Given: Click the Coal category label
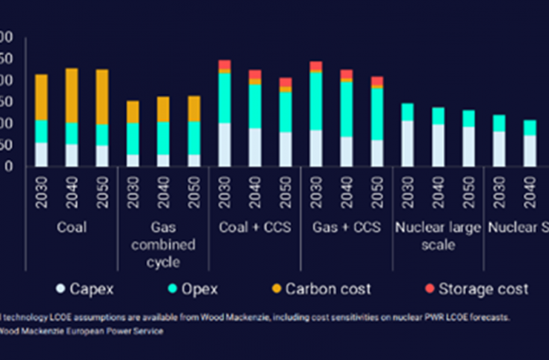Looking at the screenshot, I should (71, 227).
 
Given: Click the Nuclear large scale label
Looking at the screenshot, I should (438, 236).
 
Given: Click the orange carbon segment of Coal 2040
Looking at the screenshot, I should (71, 95).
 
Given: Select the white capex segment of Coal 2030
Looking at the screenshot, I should (41, 154).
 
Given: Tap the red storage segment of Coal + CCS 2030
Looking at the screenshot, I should (224, 64).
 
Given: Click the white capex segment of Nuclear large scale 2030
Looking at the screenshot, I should (407, 144).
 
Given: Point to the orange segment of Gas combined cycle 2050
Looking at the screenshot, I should (193, 108).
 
